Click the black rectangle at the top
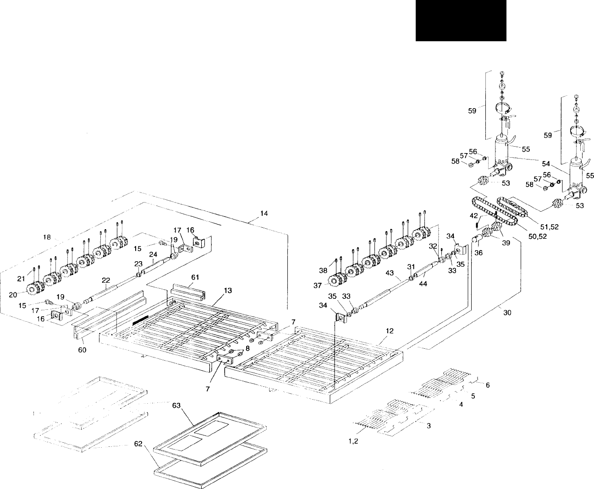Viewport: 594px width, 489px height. tap(461, 21)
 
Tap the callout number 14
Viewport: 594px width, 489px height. tap(264, 213)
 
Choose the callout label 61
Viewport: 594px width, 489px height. tap(195, 277)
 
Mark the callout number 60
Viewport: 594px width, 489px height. tap(82, 352)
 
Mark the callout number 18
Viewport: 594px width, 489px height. tap(47, 237)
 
